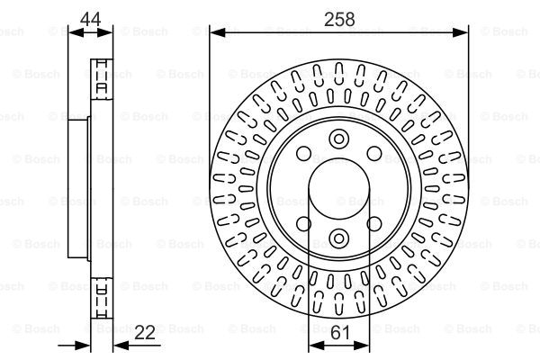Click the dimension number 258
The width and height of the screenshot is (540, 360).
pos(339,19)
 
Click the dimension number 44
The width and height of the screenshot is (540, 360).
pos(91,19)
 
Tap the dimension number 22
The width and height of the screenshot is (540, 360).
pos(145,332)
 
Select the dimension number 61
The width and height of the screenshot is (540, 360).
pos(339,332)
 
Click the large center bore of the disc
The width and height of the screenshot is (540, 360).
pos(339,189)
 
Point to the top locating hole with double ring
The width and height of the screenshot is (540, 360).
pos(339,139)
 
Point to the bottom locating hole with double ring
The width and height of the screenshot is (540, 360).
pos(339,238)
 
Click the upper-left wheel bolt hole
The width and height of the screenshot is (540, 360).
pos(304,153)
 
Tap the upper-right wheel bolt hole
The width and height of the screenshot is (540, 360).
pos(374,153)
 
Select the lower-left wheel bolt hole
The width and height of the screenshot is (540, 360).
pos(304,224)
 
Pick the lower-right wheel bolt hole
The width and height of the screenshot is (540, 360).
pos(374,224)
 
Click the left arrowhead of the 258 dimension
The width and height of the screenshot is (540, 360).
pos(217,32)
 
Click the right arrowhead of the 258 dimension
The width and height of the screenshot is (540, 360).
pos(461,32)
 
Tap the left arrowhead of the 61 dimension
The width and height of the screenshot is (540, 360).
pos(317,345)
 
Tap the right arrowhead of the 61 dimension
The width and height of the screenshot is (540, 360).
pos(362,345)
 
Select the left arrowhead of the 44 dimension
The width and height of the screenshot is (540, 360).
pos(76,32)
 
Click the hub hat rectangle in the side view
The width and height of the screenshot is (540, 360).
pos(78,189)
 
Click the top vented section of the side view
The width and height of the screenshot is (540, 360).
pos(102,79)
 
